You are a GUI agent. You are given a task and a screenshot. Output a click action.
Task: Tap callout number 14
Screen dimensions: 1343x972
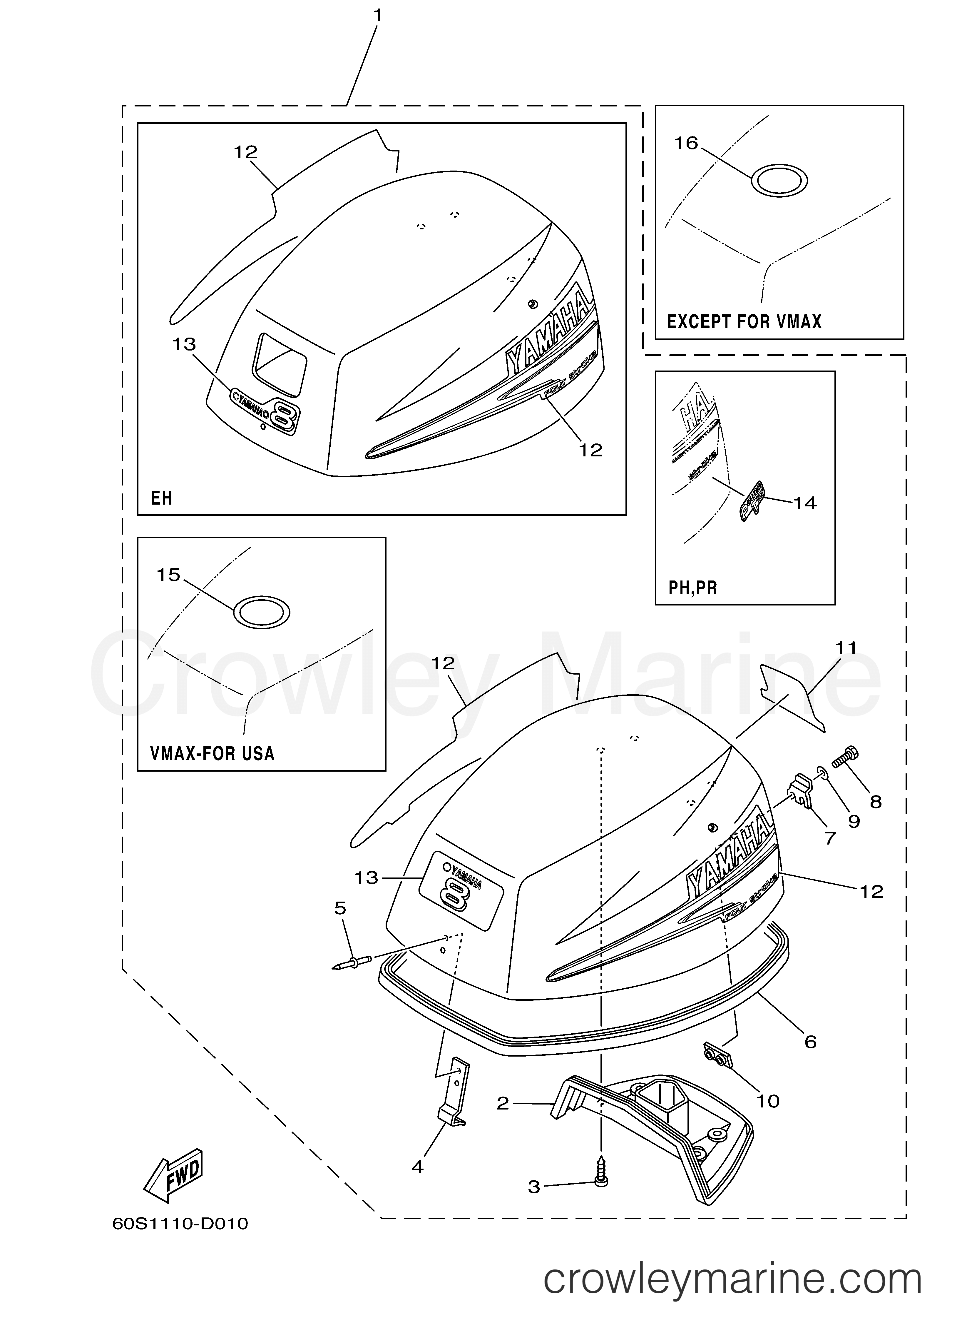[805, 503]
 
